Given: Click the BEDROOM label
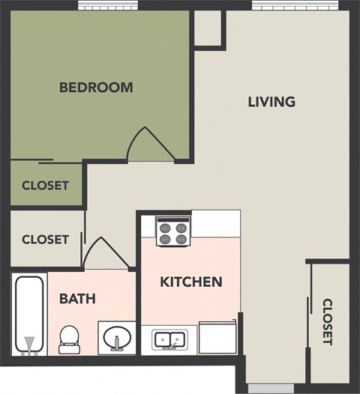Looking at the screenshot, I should tap(96, 87).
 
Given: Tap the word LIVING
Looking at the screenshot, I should tap(271, 101).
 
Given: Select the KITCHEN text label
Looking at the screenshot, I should tap(191, 282).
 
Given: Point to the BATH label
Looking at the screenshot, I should tap(77, 299).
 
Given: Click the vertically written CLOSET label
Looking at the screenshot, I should tap(328, 322).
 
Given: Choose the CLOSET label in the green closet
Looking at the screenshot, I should tap(45, 185).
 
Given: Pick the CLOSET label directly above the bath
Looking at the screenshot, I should tap(45, 240).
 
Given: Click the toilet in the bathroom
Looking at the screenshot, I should tap(69, 338).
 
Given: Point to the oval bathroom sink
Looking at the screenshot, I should tap(117, 338).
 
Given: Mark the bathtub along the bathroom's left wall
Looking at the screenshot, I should tap(29, 314).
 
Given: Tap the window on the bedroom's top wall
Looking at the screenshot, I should tap(108, 4).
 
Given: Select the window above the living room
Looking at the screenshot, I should tap(289, 4).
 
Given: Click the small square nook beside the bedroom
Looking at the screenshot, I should tap(208, 28).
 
